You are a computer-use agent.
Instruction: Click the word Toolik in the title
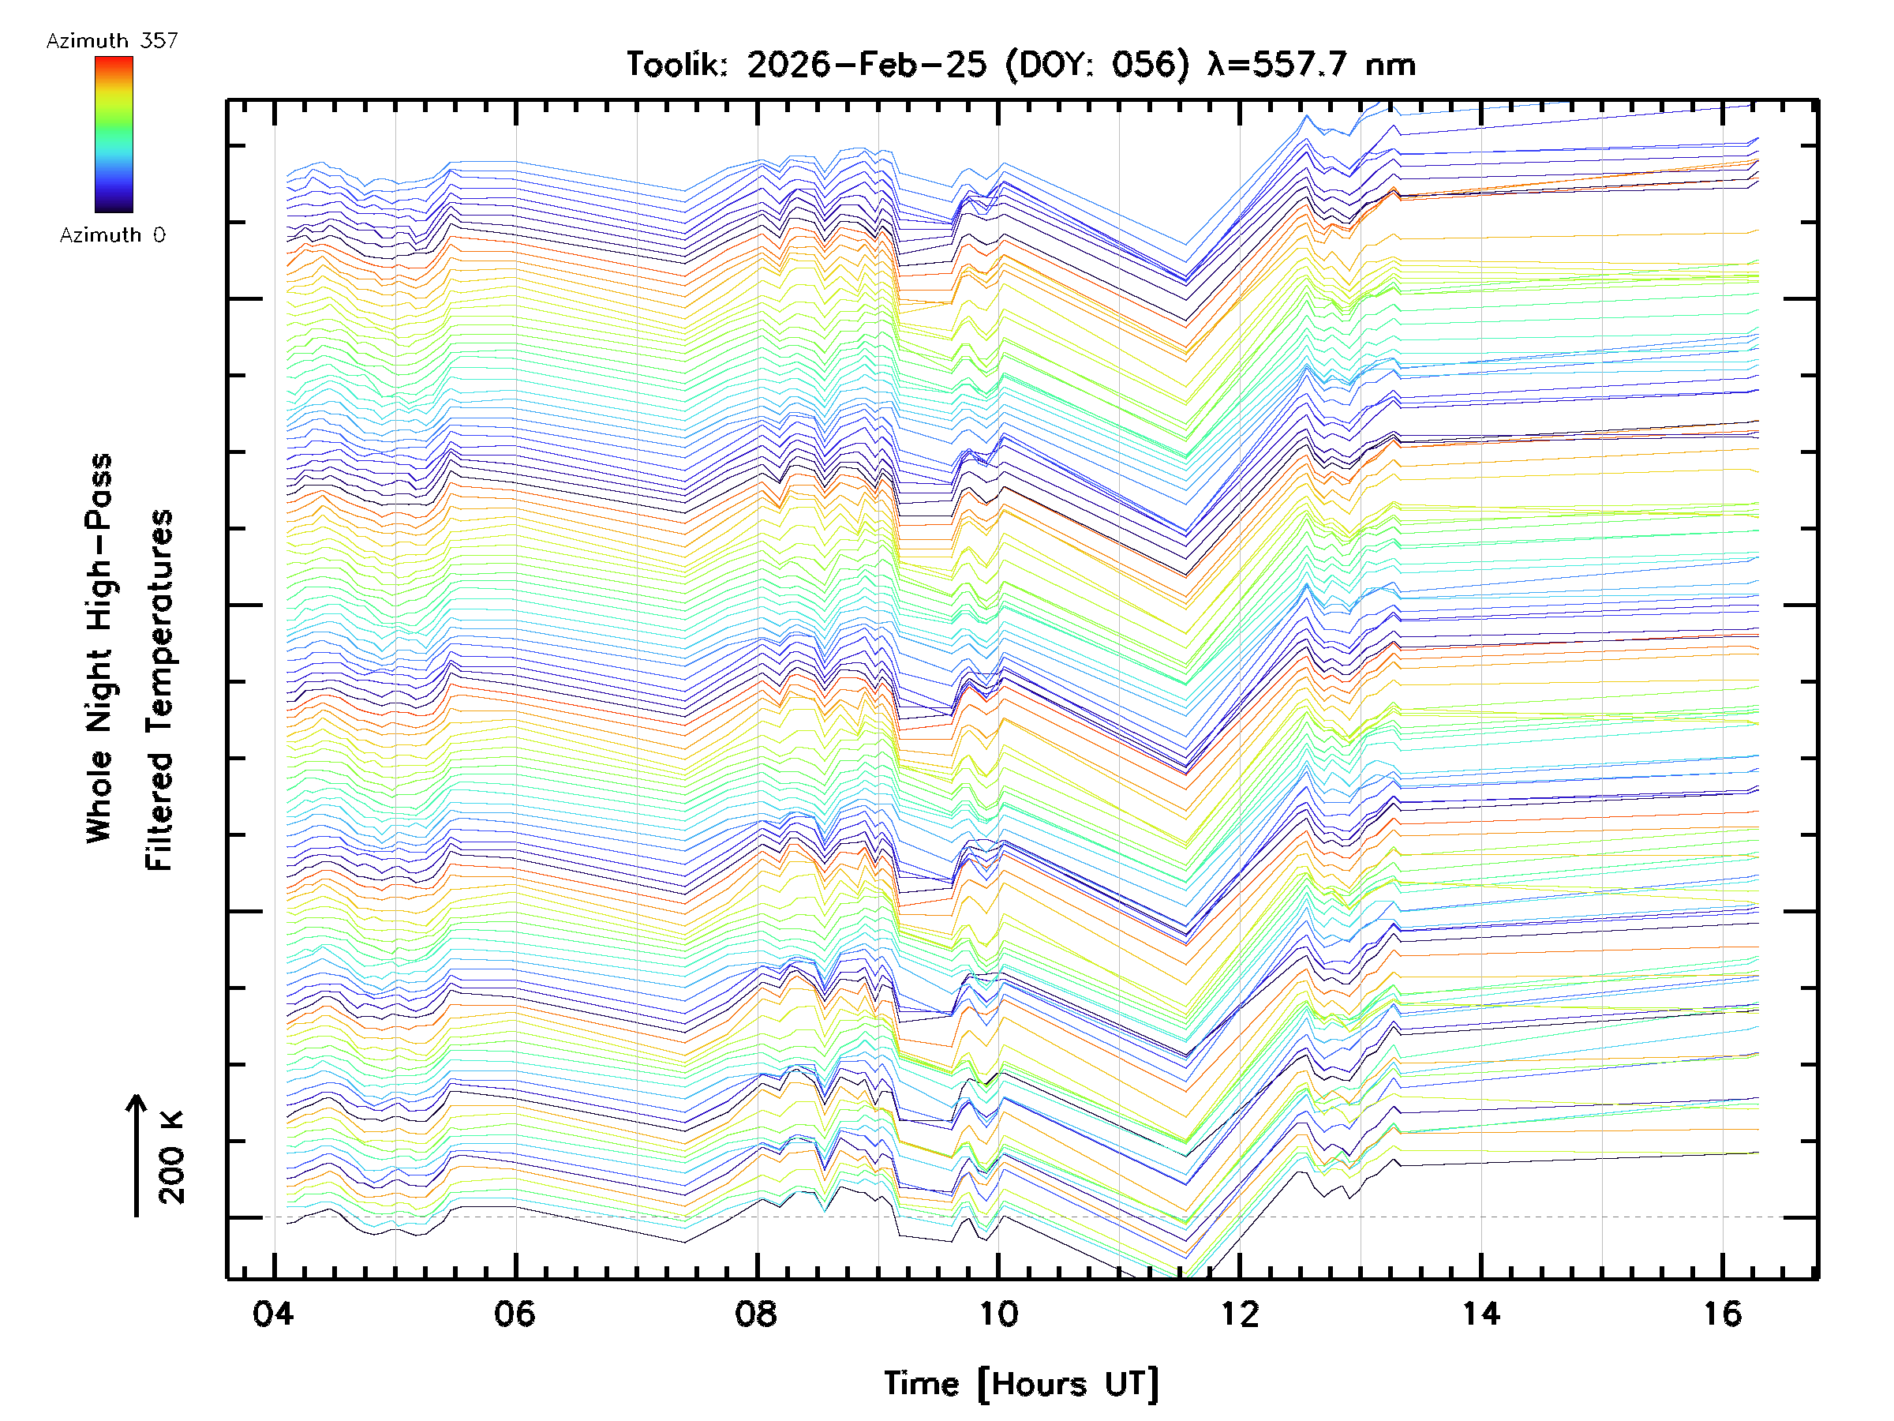coord(676,65)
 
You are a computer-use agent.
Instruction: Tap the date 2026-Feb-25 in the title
coord(867,65)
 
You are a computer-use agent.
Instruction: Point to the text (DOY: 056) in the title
coord(1097,65)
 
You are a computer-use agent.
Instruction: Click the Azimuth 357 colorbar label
coord(112,41)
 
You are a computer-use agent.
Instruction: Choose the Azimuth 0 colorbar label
coord(112,235)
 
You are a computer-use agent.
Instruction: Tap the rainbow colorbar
coord(114,134)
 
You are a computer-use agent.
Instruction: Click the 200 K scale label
coord(171,1158)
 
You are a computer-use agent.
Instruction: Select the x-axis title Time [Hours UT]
coord(1021,1384)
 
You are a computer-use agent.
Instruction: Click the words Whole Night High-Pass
coord(99,648)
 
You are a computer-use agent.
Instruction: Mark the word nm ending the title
coord(1391,65)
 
